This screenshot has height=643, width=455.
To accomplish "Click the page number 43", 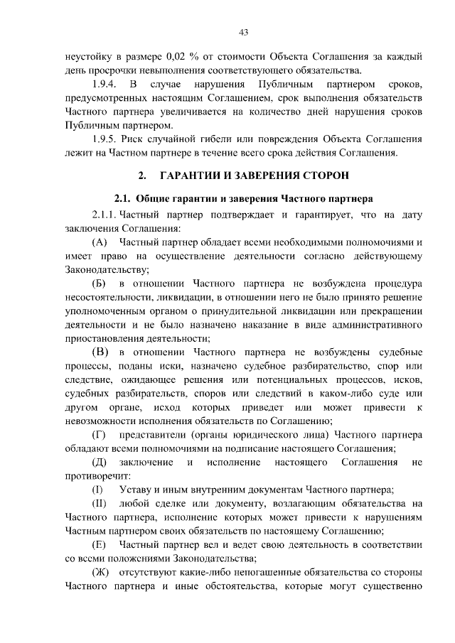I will pos(243,31).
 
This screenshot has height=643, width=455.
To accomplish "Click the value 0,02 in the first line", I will pos(176,55).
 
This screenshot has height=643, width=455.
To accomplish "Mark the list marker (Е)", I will pos(100,544).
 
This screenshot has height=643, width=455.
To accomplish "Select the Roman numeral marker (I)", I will pos(98,490).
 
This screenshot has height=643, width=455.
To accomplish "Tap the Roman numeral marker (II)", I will pos(100,503).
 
